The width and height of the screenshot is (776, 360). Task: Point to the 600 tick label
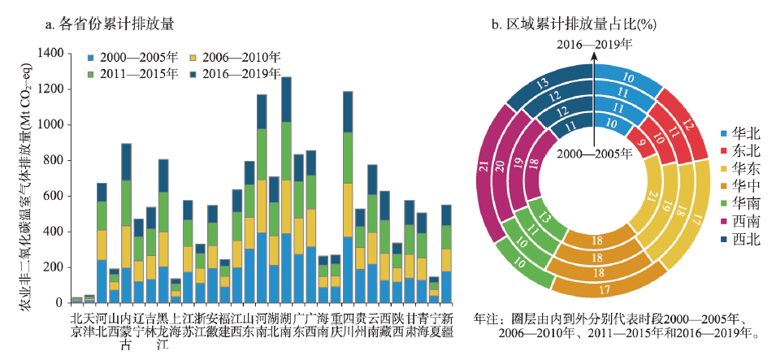(53, 196)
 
